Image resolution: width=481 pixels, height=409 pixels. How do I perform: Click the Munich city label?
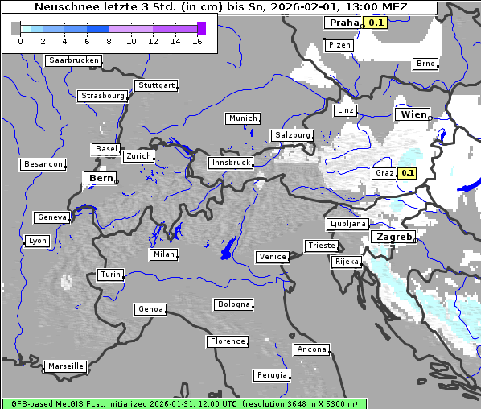point(242,118)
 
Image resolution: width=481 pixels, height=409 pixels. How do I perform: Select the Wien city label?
point(412,115)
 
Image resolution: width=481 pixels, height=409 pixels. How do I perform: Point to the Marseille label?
point(65,366)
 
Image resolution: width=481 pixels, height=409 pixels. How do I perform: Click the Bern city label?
point(101,178)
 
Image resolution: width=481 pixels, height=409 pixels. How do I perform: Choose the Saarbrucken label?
point(74,60)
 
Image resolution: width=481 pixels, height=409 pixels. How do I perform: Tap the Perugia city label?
point(272,375)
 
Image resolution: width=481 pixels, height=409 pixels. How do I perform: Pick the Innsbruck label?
point(230,163)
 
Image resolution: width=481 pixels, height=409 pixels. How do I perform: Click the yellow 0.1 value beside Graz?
point(407,173)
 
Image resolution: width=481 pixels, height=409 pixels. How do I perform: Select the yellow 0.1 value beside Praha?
point(376,23)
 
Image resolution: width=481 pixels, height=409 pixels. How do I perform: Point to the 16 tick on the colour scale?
point(197,40)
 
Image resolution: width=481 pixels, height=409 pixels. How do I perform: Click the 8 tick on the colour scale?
point(109,40)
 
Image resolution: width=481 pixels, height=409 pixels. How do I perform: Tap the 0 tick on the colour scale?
point(20,40)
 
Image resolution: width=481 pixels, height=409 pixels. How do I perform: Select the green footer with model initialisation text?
point(184,403)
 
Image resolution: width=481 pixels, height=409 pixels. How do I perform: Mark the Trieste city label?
point(321,246)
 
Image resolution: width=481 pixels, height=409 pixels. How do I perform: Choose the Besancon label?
point(43,164)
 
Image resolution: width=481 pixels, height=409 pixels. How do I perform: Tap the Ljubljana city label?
point(347,224)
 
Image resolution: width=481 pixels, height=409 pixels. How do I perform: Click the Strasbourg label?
point(103,96)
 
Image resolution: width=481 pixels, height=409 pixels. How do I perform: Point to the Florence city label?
point(228,341)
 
